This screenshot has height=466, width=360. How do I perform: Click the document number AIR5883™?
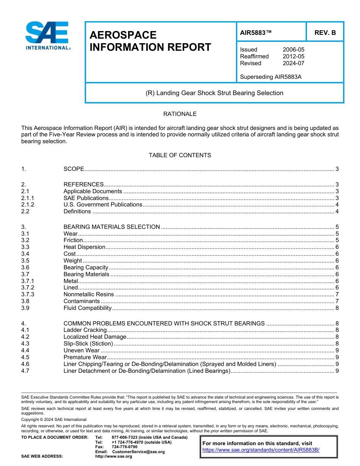pos(256,33)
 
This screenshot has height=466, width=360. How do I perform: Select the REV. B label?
pos(325,33)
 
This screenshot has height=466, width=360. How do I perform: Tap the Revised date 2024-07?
pos(293,63)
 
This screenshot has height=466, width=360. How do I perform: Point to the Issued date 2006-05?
pos(293,50)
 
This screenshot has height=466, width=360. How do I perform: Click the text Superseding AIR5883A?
pos(271,77)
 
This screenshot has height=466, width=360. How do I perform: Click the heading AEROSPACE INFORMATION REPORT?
pos(150,41)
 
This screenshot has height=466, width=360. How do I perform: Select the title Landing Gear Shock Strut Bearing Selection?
pos(214,93)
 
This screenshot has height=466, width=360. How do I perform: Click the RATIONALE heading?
pos(180,114)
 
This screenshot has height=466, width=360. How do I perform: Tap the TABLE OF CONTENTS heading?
pos(180,155)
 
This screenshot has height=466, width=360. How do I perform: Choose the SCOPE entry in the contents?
pos(74,169)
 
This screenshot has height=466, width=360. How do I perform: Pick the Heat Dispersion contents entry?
pos(84,247)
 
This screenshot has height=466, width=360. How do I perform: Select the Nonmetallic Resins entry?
pos(88,294)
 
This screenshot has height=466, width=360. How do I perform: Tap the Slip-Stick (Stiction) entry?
pos(88,344)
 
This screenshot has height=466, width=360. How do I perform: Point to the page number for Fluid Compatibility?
pos(337,308)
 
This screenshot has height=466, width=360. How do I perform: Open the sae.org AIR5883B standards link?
pos(261,450)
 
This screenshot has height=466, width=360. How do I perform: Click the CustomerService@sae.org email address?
pos(138,452)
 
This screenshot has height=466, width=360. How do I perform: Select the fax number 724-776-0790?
pos(124,447)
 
